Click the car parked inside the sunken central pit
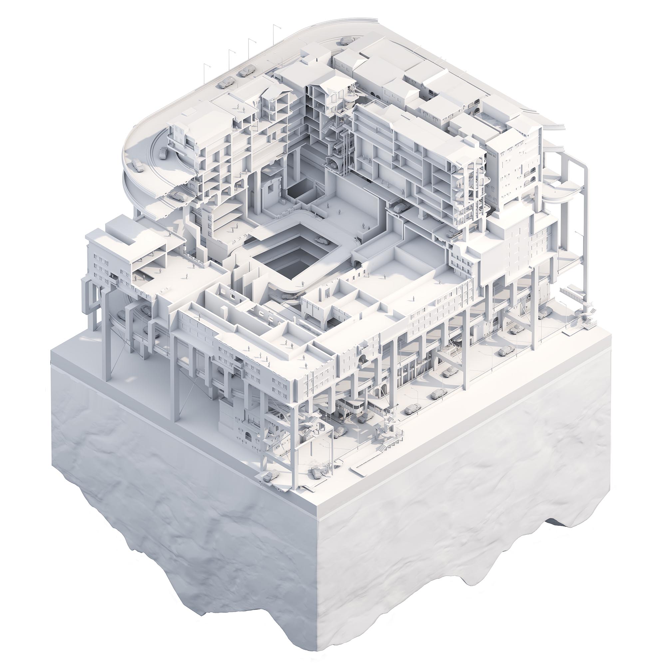321,241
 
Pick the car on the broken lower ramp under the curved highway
179,197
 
